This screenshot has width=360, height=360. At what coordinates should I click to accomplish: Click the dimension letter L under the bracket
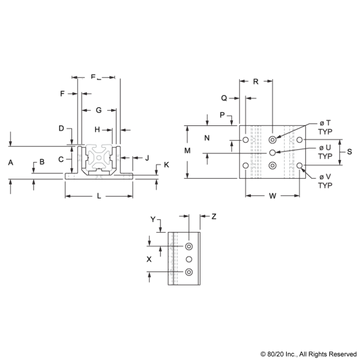coord(99,196)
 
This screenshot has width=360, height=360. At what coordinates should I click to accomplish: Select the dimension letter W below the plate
coord(273,196)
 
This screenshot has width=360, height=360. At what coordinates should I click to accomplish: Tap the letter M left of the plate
coord(187,151)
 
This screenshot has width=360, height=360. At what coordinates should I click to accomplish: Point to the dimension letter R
coord(256,81)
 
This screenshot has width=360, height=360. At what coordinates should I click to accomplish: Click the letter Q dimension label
coord(224,98)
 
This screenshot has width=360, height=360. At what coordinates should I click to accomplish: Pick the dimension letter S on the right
coord(349,152)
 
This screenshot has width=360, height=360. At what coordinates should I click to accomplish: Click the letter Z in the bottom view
coord(214,217)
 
